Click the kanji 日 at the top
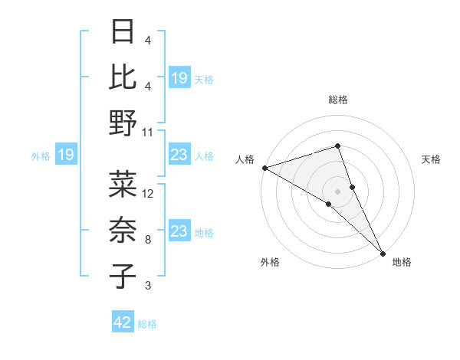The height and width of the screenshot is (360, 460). click(123, 32)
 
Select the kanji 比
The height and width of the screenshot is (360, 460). click(123, 77)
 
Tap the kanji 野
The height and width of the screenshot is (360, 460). click(123, 123)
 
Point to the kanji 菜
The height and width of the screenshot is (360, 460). click(123, 184)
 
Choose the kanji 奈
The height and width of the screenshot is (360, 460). click(123, 230)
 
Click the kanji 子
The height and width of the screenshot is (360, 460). click(123, 277)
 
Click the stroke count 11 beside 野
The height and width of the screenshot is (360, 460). click(148, 132)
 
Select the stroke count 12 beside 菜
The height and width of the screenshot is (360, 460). click(148, 193)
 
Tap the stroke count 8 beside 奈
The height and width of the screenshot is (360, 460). click(148, 240)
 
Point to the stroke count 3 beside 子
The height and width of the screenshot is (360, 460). click(148, 286)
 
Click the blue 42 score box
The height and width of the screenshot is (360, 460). click(123, 322)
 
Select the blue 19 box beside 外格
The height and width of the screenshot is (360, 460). click(65, 155)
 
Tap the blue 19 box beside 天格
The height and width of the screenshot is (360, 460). click(179, 78)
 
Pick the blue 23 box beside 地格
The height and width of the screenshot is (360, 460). click(179, 231)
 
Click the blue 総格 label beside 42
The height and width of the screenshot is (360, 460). click(147, 324)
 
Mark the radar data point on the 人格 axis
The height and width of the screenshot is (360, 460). click(264, 168)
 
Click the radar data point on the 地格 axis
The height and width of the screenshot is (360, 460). click(382, 252)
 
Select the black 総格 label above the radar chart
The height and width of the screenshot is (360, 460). click(337, 100)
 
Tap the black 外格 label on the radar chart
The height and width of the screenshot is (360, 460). click(270, 262)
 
